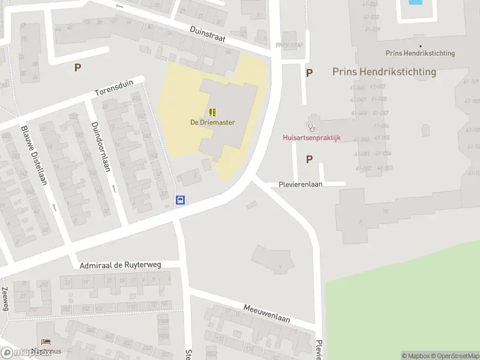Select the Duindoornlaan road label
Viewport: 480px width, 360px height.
tap(100, 146)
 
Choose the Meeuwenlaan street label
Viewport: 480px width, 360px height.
tap(266, 313)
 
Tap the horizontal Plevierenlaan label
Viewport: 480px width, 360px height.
tap(301, 184)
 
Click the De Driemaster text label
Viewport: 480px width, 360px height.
tap(212, 122)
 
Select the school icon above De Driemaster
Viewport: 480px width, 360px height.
tap(212, 112)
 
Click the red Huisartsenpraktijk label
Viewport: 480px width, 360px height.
tap(311, 137)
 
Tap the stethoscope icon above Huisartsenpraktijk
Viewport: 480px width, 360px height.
tap(311, 127)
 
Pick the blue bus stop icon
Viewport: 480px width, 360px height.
tap(179, 200)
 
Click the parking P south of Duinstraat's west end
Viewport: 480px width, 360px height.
tap(77, 68)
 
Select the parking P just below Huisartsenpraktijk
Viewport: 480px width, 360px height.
tap(310, 159)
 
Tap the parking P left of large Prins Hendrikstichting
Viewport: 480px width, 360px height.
tap(310, 73)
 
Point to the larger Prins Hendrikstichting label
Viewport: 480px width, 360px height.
tap(384, 71)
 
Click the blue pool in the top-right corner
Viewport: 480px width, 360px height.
tap(415, 2)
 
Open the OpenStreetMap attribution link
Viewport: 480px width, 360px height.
tap(455, 356)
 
